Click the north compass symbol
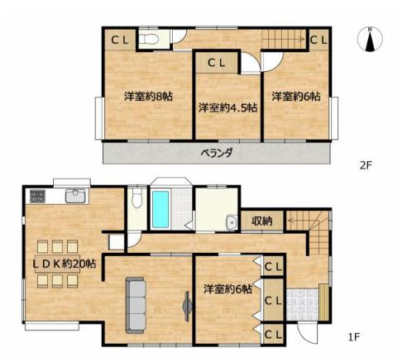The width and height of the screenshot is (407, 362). (x=370, y=40)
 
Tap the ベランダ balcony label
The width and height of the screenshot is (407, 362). (x=217, y=152)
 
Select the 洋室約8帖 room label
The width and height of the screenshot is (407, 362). (x=148, y=97)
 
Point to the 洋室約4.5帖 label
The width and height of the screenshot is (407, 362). (x=228, y=107)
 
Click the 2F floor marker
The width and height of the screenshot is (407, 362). (x=366, y=165)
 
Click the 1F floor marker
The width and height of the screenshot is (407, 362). (x=354, y=336)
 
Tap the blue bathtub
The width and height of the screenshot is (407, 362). (x=160, y=209)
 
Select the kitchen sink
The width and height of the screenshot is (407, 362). (x=75, y=196)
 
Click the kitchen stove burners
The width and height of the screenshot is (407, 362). (x=37, y=196)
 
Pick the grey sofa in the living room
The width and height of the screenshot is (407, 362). (x=136, y=305)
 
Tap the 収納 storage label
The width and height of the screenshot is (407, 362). (x=262, y=221)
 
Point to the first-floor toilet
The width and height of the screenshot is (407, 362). (x=136, y=198)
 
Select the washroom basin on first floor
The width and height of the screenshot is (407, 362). (x=232, y=222)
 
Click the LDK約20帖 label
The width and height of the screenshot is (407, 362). (x=65, y=264)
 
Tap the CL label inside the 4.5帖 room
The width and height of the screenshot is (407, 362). (x=217, y=63)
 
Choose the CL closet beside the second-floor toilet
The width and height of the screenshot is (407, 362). (x=120, y=40)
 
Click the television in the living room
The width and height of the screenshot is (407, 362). (x=187, y=307)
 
